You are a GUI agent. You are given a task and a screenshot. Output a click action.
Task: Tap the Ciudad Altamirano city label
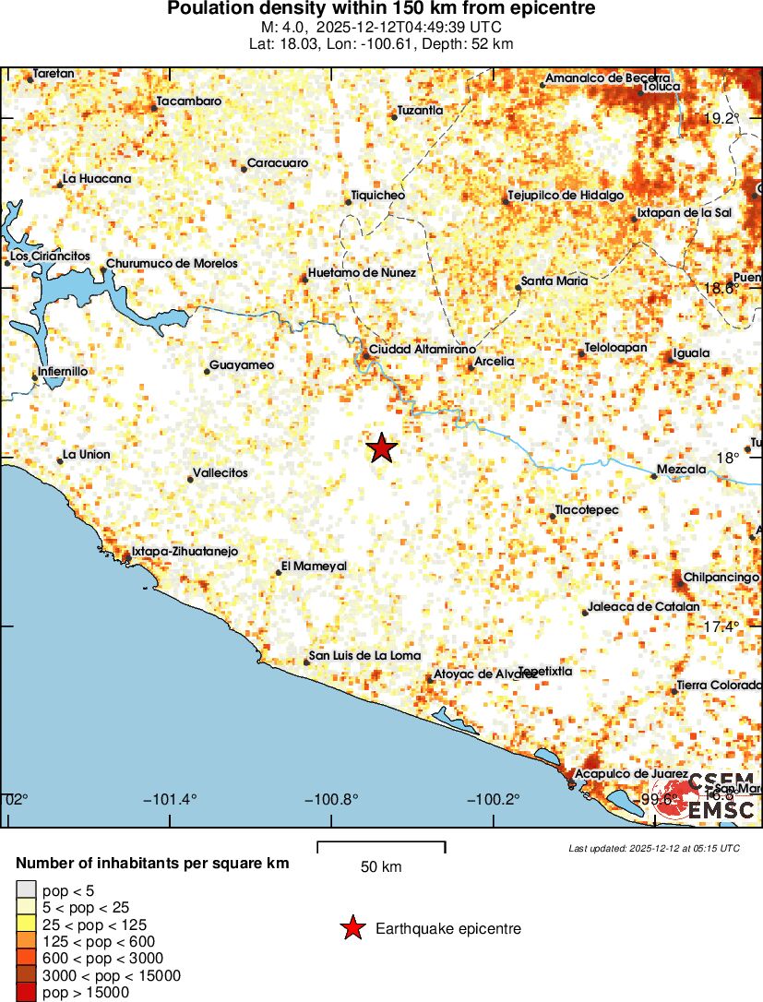(422, 350)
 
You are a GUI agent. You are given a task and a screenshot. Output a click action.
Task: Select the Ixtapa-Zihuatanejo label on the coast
(185, 551)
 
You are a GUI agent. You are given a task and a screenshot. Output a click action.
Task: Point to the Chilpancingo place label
(721, 577)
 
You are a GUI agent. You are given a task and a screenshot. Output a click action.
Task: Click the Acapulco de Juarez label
(631, 773)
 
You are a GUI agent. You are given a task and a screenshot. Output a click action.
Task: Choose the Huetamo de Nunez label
(362, 272)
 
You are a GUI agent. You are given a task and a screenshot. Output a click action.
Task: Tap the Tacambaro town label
(189, 101)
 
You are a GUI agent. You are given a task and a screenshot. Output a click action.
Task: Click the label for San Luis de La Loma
(364, 655)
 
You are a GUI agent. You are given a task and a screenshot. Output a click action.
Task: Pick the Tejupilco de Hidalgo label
(566, 196)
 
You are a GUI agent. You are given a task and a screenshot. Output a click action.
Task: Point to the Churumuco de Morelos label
(172, 263)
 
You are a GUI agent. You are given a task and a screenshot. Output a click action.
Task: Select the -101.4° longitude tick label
(171, 799)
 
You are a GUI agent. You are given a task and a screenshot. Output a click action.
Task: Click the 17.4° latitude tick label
(721, 626)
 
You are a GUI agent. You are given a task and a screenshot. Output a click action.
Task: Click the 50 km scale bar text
(381, 866)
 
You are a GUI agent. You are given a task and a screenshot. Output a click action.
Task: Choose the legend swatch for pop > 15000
(26, 993)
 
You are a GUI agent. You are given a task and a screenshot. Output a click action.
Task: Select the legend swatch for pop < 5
(26, 890)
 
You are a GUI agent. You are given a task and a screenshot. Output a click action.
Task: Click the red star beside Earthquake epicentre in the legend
(352, 928)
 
